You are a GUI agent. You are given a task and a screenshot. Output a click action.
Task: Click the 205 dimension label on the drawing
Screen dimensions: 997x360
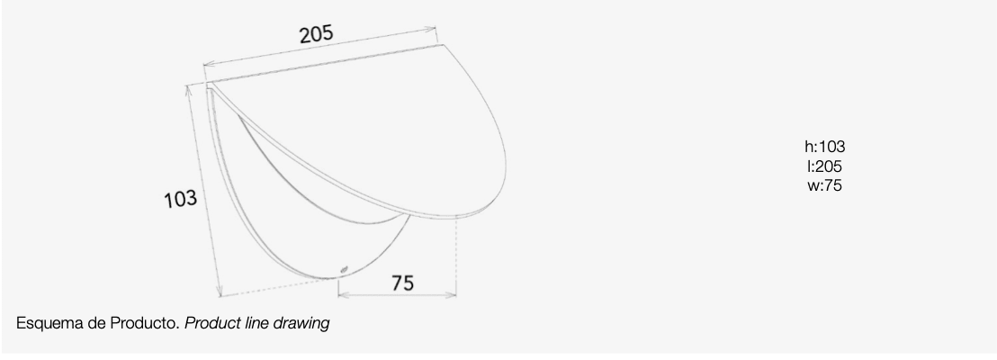coord(317,33)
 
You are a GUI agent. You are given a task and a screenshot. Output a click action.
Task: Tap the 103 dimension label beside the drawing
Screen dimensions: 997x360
coord(181,199)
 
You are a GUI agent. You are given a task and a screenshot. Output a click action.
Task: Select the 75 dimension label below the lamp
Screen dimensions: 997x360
coord(402,283)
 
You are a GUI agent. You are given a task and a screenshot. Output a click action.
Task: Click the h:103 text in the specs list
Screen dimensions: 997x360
coord(825,147)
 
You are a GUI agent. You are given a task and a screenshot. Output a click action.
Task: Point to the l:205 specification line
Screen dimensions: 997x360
coord(825,166)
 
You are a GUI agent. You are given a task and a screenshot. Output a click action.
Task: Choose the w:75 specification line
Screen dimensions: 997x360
coord(825,185)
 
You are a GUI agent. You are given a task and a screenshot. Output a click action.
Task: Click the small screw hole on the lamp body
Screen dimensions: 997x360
coord(344,270)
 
